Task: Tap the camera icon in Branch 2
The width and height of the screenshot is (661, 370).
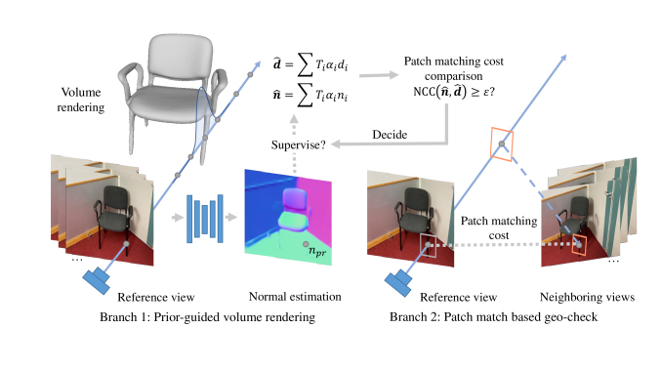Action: [x=402, y=279]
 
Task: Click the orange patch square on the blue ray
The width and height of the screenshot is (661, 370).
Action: [x=501, y=144]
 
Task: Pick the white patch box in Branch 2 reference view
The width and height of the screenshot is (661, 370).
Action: [x=429, y=245]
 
